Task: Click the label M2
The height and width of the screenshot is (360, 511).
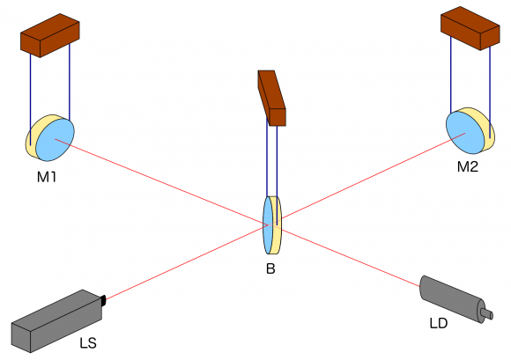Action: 467,166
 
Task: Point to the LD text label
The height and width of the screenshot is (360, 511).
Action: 439,324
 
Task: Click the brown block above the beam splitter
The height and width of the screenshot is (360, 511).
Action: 272,96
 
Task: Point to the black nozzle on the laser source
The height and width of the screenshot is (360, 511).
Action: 103,301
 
